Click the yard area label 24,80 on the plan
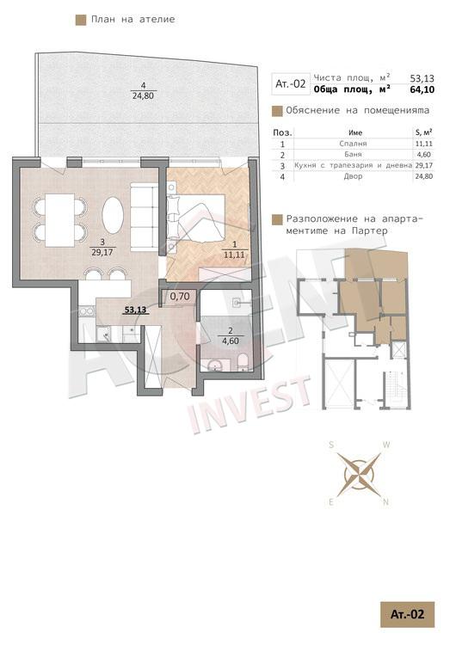[143, 96]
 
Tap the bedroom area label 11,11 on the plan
[234, 255]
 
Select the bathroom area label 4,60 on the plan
[231, 341]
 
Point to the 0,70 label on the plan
[180, 296]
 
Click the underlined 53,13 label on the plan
[135, 310]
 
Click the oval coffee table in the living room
[113, 215]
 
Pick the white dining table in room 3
[59, 220]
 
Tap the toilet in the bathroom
[243, 361]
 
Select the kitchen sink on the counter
[103, 334]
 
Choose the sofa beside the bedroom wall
[144, 217]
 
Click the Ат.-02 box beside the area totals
[291, 84]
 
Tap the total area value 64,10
[422, 89]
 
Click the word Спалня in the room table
[353, 144]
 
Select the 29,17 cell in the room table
[424, 165]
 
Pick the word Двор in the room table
[354, 176]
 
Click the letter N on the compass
[385, 502]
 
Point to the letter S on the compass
[331, 445]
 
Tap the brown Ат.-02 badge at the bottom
[407, 615]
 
